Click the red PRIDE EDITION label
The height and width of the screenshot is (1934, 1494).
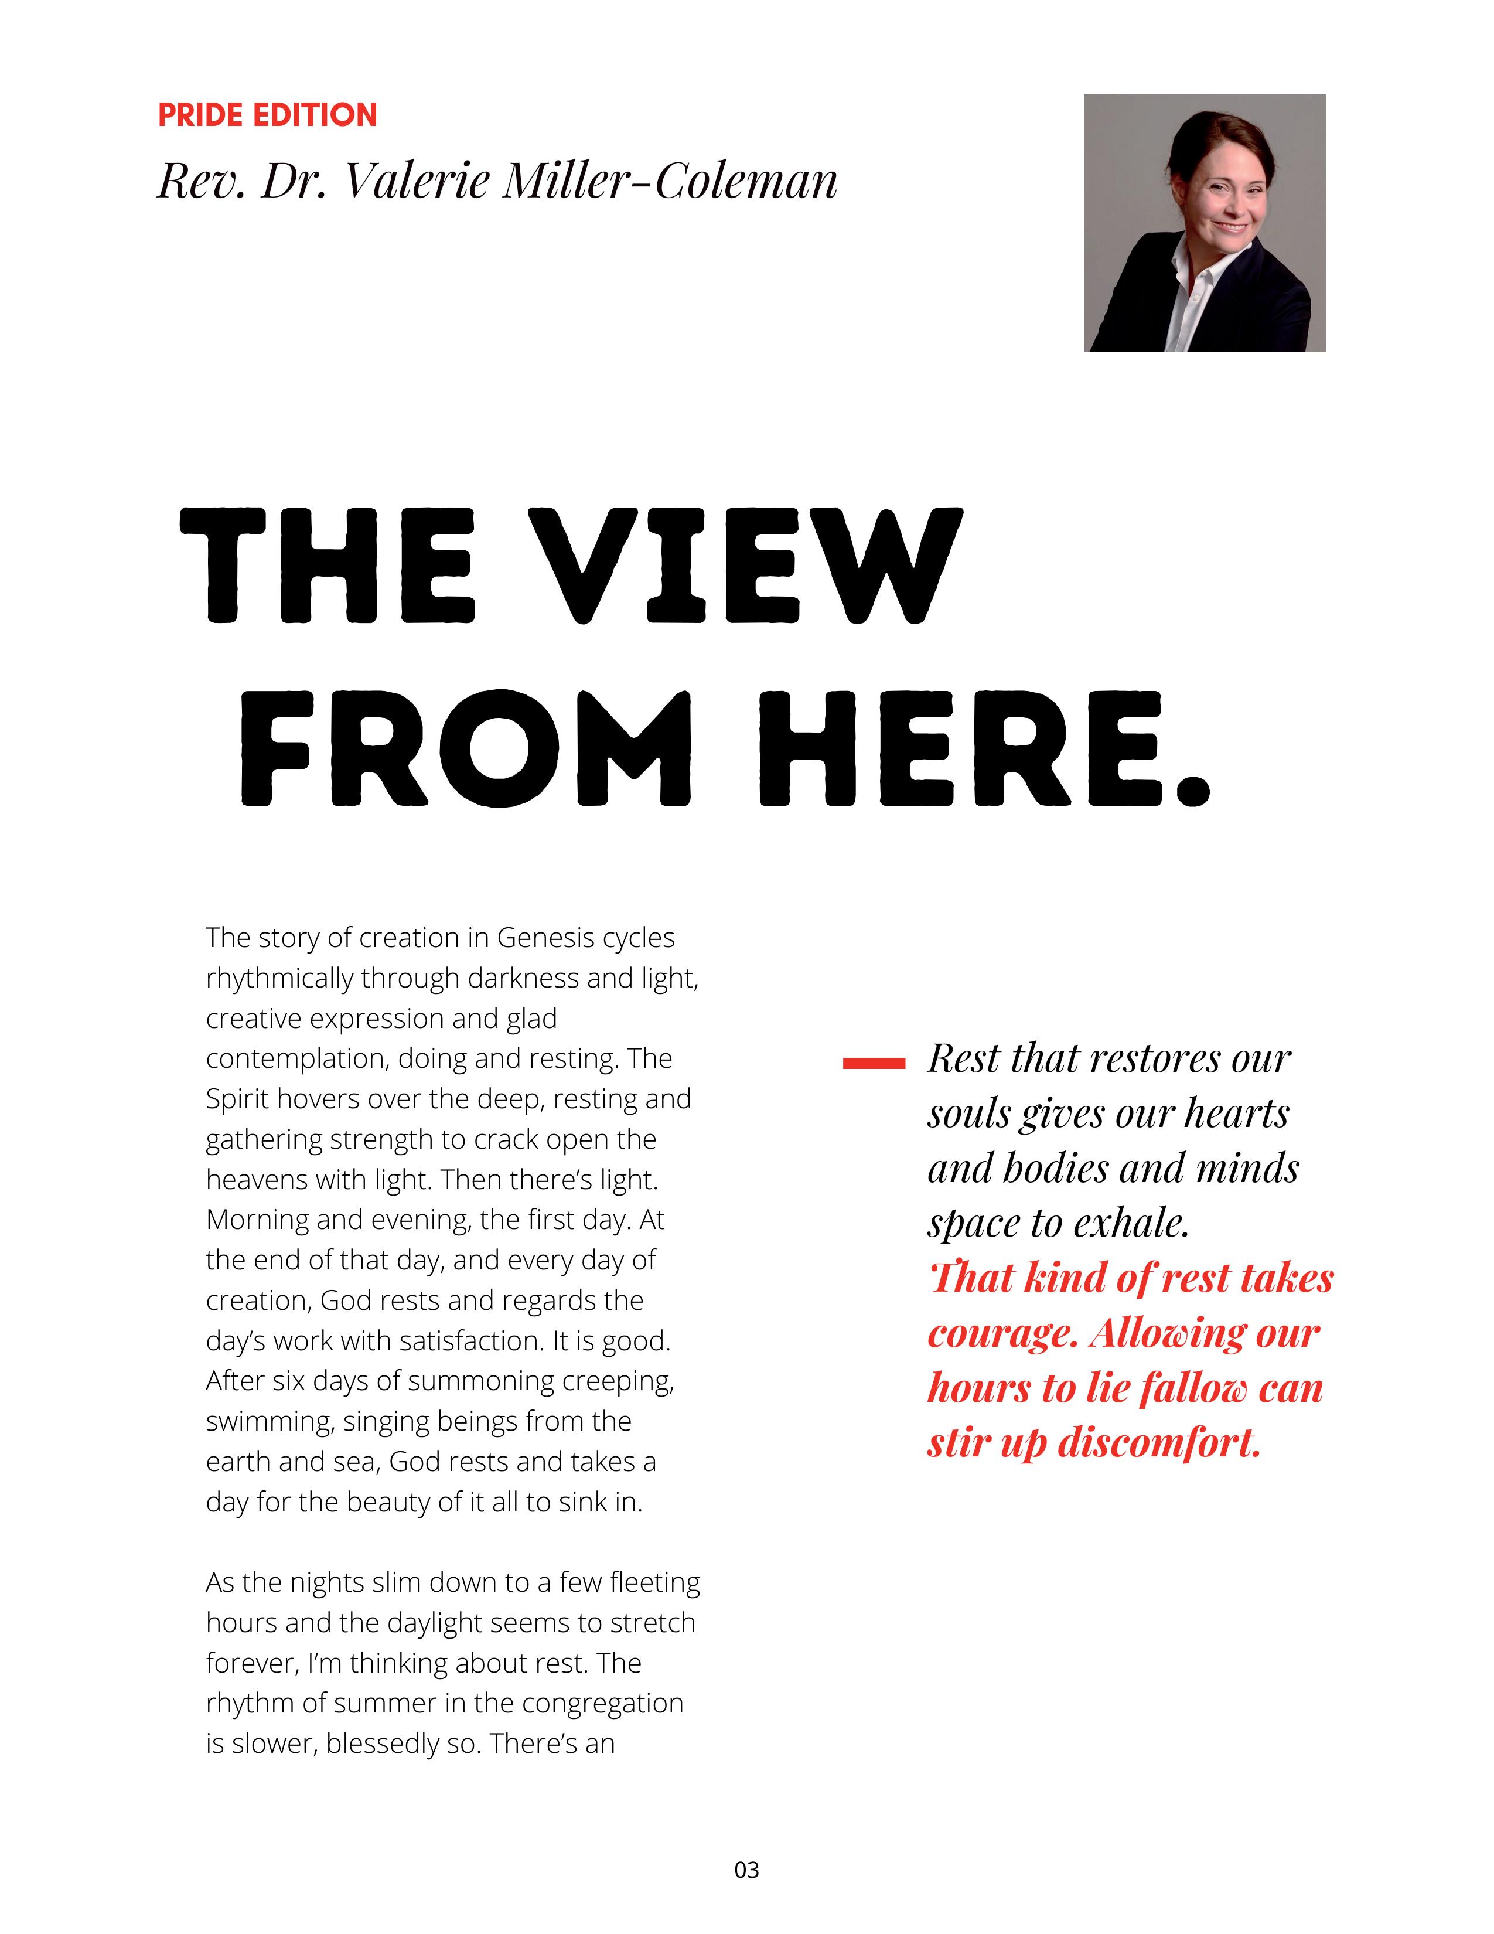click(267, 115)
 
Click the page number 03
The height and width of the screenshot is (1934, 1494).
click(746, 1870)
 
